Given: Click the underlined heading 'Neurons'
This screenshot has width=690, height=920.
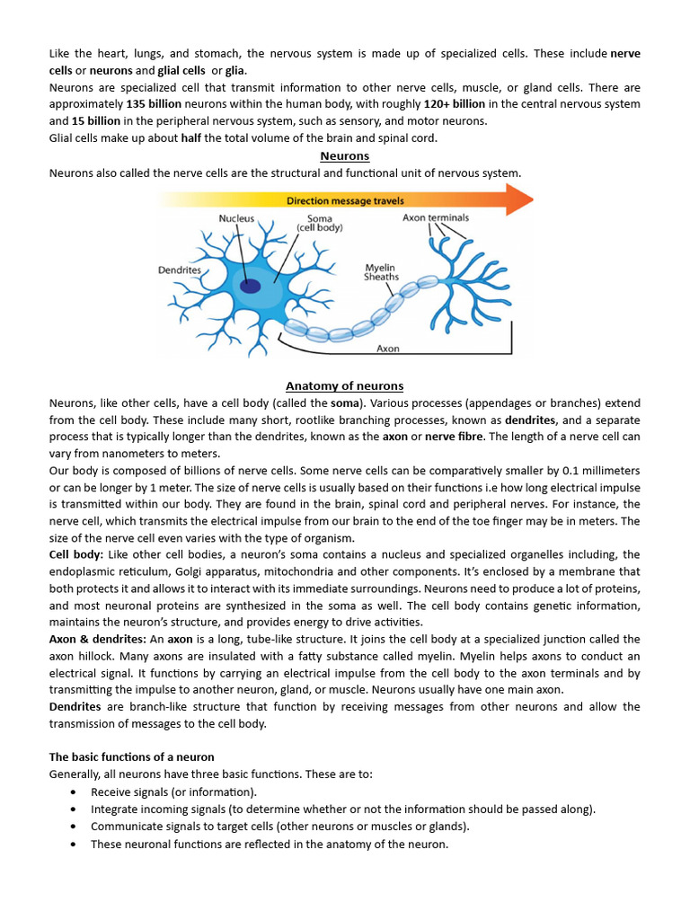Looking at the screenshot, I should coord(345,155).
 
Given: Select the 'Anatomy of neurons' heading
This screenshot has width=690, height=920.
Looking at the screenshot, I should coord(345,385).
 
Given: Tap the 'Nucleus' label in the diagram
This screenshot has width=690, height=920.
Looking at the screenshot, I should coord(236,218).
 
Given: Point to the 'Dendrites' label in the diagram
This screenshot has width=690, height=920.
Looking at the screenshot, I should coord(180,269).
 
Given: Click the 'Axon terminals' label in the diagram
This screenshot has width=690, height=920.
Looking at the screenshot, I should coord(436,217).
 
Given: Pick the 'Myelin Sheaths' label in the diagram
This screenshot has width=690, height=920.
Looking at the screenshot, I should coord(382,272).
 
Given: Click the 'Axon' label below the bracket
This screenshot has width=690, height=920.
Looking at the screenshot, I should coord(388,348).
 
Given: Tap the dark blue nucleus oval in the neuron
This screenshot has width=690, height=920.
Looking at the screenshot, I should coord(250,287).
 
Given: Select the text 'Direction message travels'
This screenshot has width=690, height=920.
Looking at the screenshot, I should coord(345,200).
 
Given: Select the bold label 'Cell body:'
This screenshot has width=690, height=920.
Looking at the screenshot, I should coord(76,554).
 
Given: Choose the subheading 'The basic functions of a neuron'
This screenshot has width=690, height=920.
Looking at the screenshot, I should coord(131,757).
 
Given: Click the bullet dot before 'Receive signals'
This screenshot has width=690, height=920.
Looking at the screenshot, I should coord(72,792).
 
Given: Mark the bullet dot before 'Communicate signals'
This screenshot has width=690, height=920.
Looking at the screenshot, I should coord(72,827).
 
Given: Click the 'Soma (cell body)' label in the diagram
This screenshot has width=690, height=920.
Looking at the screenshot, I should coord(320,224).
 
